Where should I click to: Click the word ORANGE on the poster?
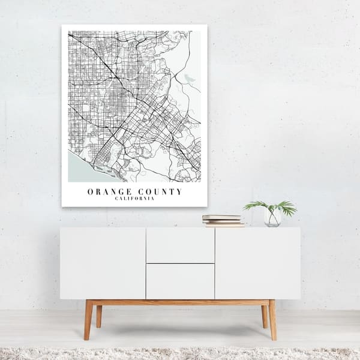pyautogui.click(x=107, y=192)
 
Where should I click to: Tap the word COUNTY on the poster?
pyautogui.click(x=158, y=192)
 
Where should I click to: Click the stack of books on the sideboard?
pyautogui.click(x=223, y=220)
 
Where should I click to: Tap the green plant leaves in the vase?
pyautogui.click(x=271, y=207)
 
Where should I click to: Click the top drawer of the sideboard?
pyautogui.click(x=180, y=245)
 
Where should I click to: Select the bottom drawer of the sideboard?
pyautogui.click(x=180, y=281)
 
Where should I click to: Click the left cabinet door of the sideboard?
pyautogui.click(x=103, y=263)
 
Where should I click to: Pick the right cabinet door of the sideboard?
pyautogui.click(x=257, y=263)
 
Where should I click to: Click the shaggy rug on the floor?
pyautogui.click(x=180, y=353)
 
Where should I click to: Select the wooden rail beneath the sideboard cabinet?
pyautogui.click(x=180, y=302)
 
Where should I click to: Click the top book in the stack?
pyautogui.click(x=221, y=217)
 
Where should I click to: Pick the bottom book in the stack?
pyautogui.click(x=224, y=224)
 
